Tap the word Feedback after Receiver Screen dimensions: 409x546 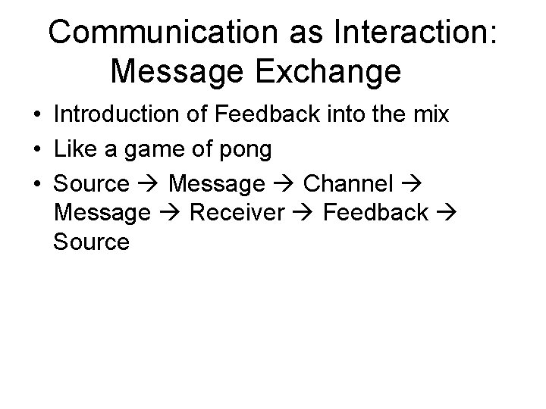[376, 213]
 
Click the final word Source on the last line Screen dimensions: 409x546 [92, 242]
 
